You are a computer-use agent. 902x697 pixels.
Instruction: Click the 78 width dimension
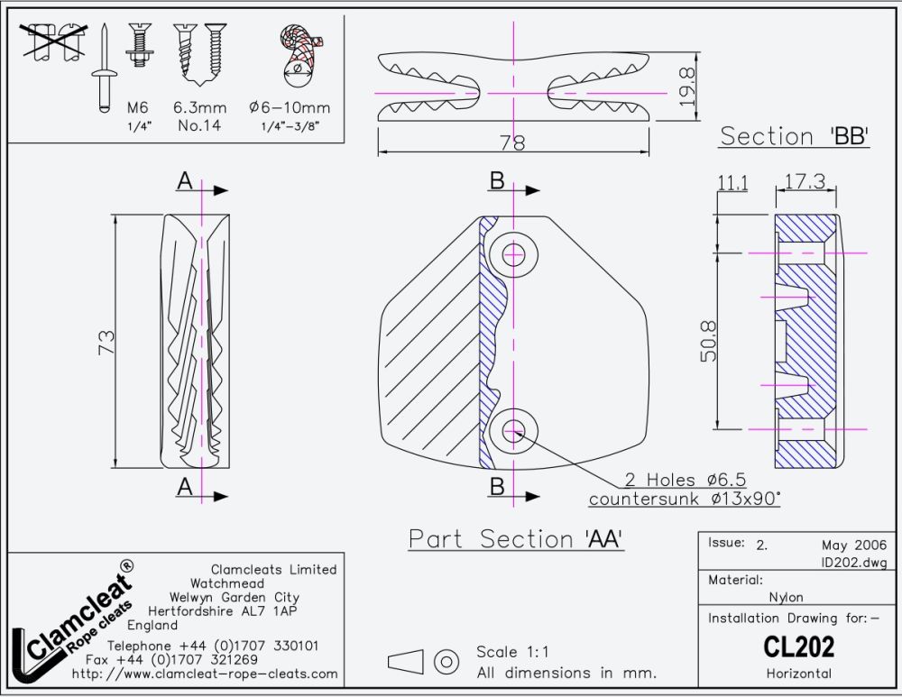coord(512,142)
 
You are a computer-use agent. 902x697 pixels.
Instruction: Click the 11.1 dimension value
coord(732,183)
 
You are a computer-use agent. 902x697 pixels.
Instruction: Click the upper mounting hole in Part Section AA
coord(515,253)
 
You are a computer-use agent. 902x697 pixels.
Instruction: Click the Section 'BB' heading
coord(794,137)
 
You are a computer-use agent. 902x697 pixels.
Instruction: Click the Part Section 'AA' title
coord(516,538)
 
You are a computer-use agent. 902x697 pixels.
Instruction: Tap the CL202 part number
coord(798,647)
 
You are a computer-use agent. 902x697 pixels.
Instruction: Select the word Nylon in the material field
coord(786,597)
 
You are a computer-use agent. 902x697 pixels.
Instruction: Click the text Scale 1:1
coord(512,652)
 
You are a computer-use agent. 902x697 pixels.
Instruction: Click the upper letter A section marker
coord(185,181)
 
